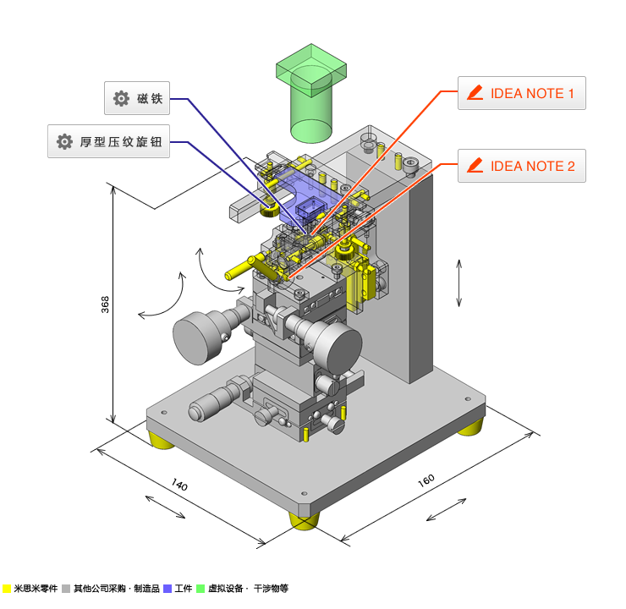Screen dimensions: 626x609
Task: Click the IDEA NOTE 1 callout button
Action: (521, 93)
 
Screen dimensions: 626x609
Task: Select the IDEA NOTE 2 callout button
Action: (521, 166)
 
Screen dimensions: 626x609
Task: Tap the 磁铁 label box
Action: (137, 98)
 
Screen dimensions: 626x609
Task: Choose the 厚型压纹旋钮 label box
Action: (108, 141)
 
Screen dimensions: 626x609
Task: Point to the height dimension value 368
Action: (105, 304)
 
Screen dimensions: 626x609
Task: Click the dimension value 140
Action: (179, 485)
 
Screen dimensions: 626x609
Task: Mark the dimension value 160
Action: (426, 480)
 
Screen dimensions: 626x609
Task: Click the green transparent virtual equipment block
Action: (311, 93)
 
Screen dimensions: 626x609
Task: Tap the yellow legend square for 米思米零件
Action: (7, 589)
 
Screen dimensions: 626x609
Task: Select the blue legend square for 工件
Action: (167, 589)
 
